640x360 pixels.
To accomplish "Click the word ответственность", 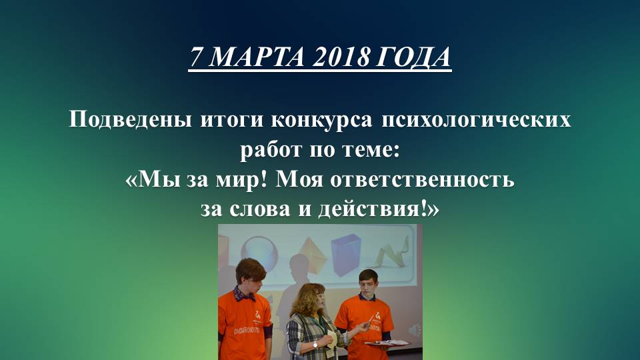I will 437,180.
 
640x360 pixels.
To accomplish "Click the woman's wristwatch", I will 314,344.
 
